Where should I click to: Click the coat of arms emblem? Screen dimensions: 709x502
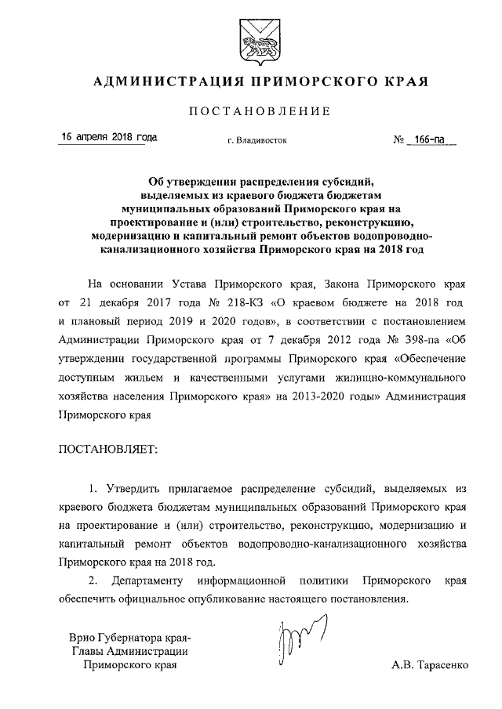250,40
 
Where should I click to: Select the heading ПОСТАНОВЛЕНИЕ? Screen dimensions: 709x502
251,112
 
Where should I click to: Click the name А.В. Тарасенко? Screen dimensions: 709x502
429,666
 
